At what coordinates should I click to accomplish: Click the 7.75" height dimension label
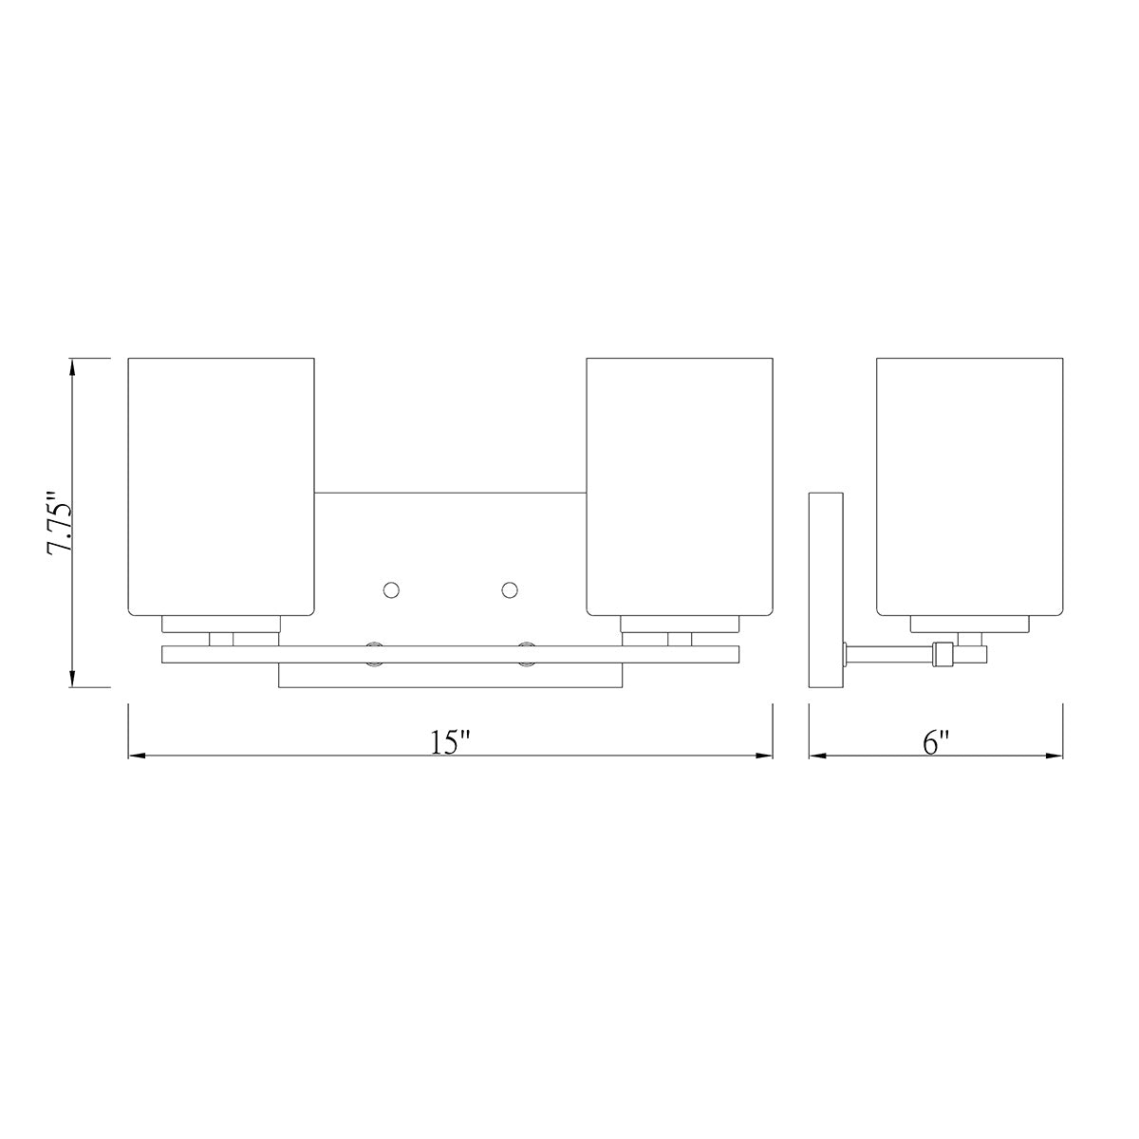tap(60, 522)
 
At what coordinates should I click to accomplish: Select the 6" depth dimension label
tap(936, 742)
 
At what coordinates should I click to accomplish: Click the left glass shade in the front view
tap(221, 487)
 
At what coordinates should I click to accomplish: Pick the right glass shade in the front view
tap(680, 487)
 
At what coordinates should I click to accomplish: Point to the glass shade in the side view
tap(969, 487)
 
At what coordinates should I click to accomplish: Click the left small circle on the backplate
tap(391, 589)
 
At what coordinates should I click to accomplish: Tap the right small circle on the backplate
tap(510, 589)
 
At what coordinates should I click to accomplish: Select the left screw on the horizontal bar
tap(374, 654)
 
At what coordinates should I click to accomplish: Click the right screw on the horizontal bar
tap(527, 654)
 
